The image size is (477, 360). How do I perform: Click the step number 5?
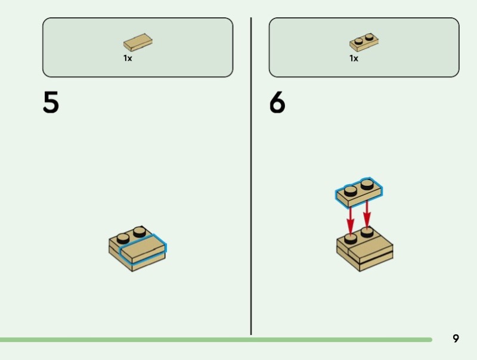pos(51,103)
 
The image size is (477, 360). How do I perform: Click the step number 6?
pos(277,103)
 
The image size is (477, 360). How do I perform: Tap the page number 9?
pos(456,339)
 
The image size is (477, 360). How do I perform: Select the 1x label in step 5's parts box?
pos(128,58)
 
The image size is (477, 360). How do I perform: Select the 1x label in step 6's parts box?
pos(354,58)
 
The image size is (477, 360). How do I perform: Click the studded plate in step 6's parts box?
pos(364,42)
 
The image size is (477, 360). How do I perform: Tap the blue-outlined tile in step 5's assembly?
pos(143,249)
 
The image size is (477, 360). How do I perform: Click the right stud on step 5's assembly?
pos(140,231)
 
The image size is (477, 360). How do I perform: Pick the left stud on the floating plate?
pos(351,191)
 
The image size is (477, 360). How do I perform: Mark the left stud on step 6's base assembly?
pos(351,238)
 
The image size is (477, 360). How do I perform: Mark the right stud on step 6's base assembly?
pos(367,232)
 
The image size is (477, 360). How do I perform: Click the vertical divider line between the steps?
pos(251,179)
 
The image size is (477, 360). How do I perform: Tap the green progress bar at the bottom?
pos(215,340)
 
